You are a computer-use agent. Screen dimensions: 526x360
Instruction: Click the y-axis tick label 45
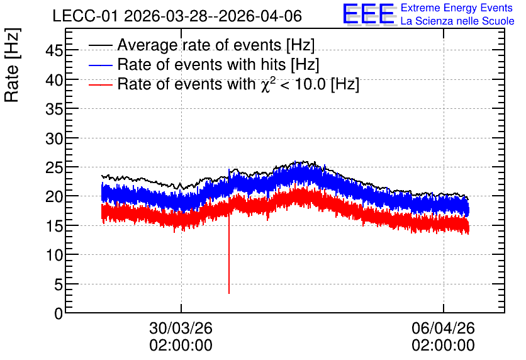[54, 51]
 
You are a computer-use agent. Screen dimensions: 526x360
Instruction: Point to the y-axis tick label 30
[54, 138]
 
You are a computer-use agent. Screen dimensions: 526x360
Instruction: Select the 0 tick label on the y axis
[59, 313]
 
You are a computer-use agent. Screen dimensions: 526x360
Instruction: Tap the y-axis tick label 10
[54, 256]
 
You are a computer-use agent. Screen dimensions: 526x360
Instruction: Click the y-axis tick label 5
[59, 285]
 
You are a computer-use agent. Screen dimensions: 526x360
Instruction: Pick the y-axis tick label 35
[54, 109]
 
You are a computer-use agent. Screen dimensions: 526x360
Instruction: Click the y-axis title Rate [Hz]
[12, 65]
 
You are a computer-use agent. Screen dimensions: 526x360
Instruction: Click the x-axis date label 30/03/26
[181, 328]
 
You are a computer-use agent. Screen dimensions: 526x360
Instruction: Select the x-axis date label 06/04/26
[443, 328]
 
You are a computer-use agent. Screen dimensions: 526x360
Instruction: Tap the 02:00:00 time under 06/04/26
[443, 346]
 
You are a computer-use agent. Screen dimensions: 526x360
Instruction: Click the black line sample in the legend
[100, 45]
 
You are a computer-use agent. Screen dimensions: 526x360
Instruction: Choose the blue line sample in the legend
[100, 65]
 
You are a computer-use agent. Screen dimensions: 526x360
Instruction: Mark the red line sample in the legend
[100, 84]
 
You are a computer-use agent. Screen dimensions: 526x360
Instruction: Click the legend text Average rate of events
[199, 45]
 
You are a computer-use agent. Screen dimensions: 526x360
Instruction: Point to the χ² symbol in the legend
[268, 84]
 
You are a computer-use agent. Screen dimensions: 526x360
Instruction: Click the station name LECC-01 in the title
[85, 16]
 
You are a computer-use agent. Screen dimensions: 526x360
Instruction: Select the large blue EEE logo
[369, 14]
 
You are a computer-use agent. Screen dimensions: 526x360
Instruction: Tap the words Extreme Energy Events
[457, 8]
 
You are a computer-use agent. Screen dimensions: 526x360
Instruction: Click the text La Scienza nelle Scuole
[457, 21]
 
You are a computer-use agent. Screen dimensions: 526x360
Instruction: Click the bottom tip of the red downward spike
[229, 293]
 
